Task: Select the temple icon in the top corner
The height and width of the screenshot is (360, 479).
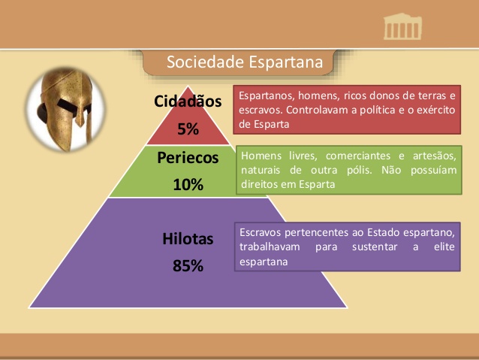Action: click(x=402, y=28)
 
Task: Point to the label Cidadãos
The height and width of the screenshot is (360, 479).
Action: click(x=188, y=101)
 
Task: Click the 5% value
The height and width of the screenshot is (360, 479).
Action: click(x=188, y=129)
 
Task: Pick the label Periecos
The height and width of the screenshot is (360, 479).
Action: click(x=188, y=158)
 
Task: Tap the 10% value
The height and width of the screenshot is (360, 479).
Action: click(x=188, y=185)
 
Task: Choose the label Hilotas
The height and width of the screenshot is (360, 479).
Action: click(x=188, y=239)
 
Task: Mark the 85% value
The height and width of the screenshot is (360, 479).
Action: click(x=188, y=266)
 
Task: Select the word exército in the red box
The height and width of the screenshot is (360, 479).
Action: click(x=432, y=110)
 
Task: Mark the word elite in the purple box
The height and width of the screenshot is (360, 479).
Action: click(x=444, y=247)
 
